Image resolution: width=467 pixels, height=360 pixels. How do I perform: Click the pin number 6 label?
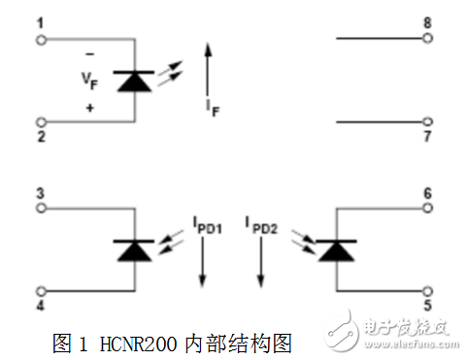tap(427, 193)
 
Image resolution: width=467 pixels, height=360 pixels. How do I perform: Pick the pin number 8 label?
tap(427, 22)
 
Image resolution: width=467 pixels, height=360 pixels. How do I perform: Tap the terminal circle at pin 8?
tap(426, 40)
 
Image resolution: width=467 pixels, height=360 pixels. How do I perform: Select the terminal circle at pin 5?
tap(426, 289)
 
